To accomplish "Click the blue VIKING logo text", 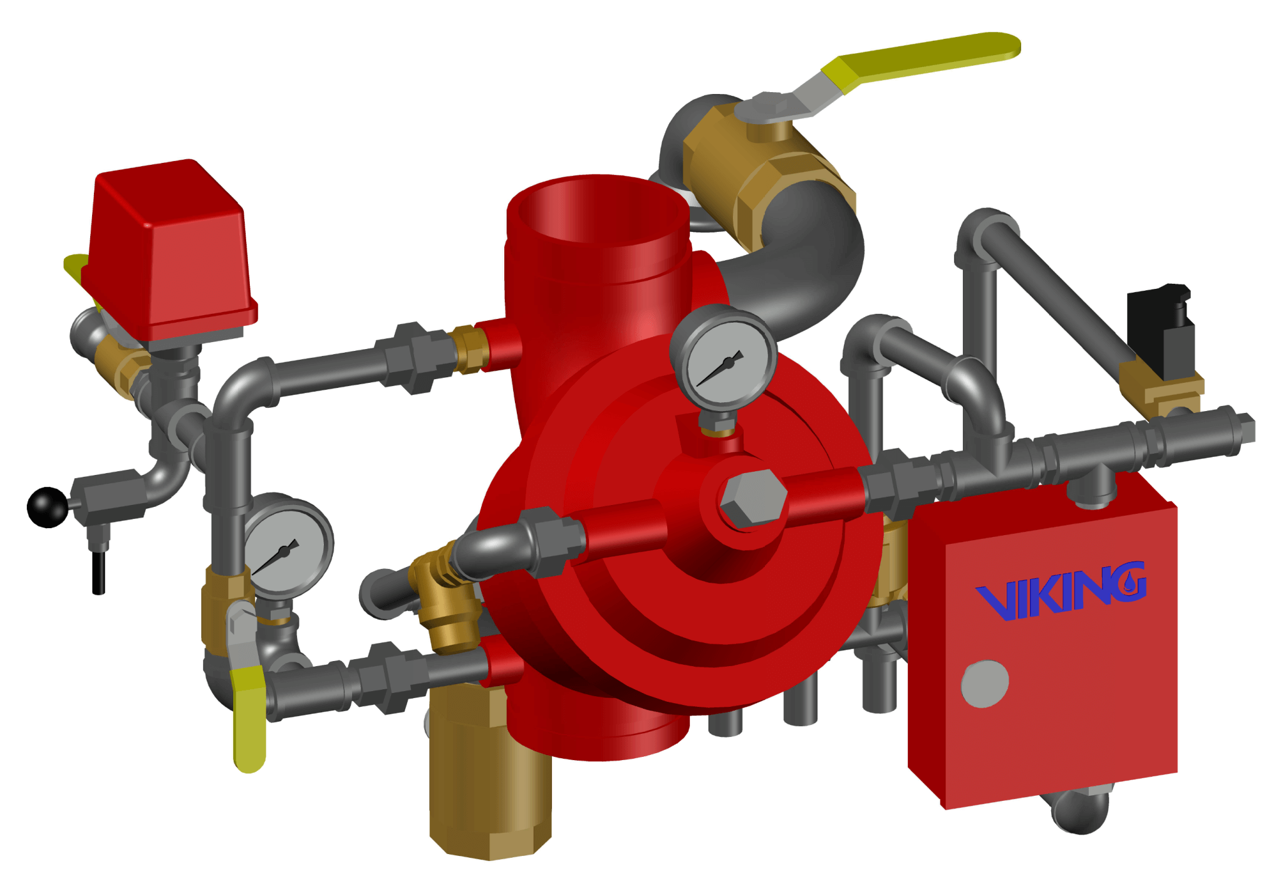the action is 1061,591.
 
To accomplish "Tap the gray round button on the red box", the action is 985,684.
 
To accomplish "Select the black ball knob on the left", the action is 48,508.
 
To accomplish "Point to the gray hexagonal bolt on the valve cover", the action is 753,498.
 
